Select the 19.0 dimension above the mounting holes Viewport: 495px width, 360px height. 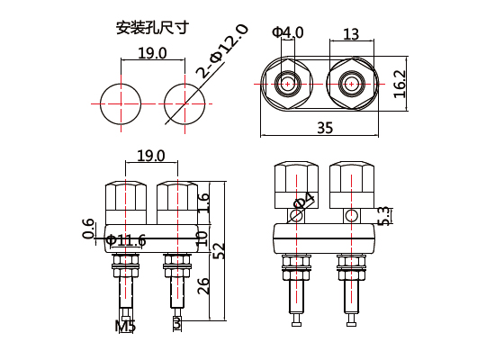151,54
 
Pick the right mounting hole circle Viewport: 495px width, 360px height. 184,103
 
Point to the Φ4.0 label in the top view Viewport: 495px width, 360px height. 289,33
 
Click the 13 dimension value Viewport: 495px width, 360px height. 351,34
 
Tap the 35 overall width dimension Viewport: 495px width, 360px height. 325,129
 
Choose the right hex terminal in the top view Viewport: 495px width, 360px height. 350,85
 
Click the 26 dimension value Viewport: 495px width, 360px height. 203,286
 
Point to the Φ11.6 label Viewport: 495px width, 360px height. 125,240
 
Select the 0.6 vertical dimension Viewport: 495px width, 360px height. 88,229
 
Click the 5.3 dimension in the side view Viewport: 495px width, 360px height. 384,216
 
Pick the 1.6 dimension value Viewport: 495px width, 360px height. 203,202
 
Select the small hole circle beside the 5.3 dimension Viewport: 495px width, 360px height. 351,216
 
